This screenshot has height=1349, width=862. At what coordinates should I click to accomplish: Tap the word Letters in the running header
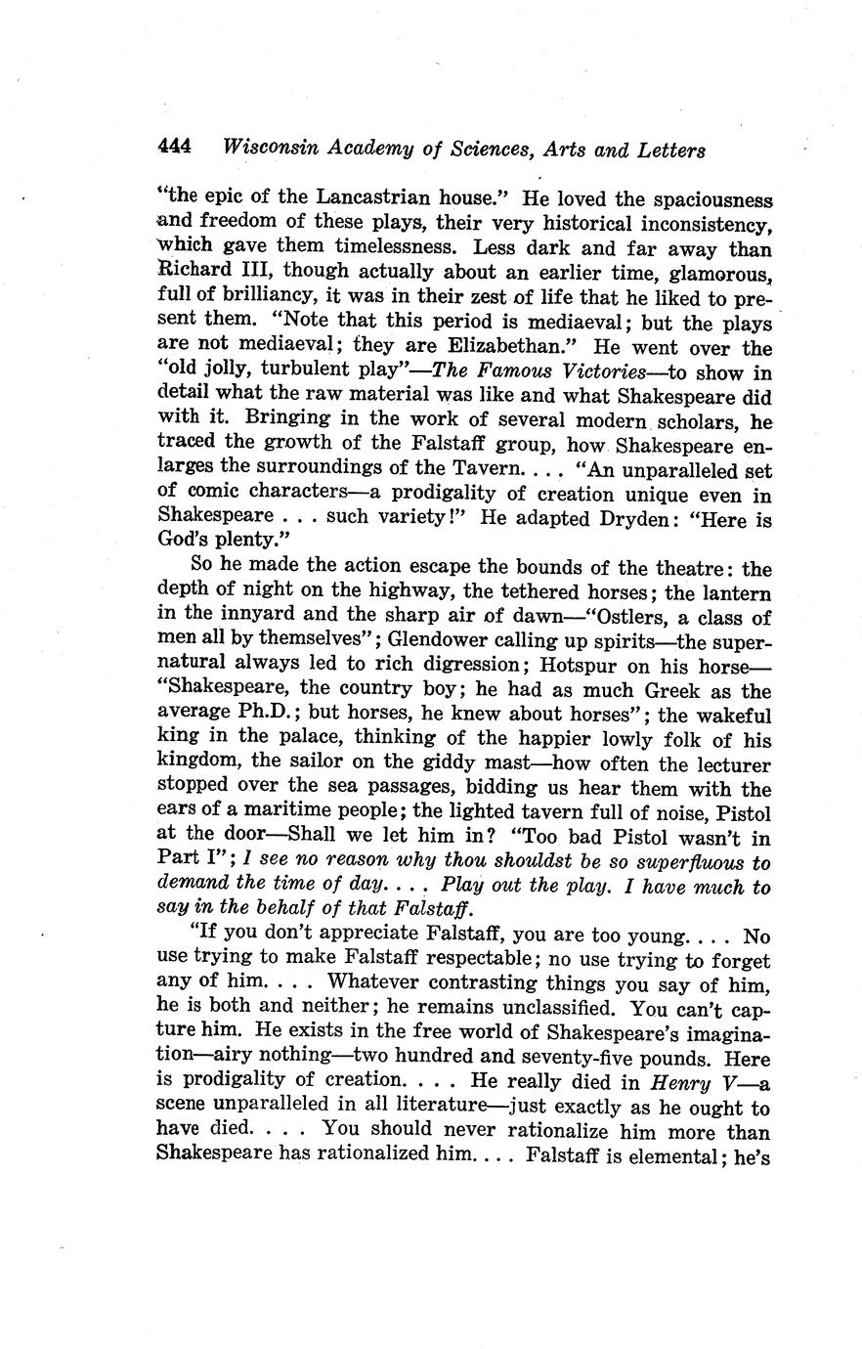click(665, 151)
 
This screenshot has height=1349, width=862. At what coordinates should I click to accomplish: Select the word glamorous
click(721, 273)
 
